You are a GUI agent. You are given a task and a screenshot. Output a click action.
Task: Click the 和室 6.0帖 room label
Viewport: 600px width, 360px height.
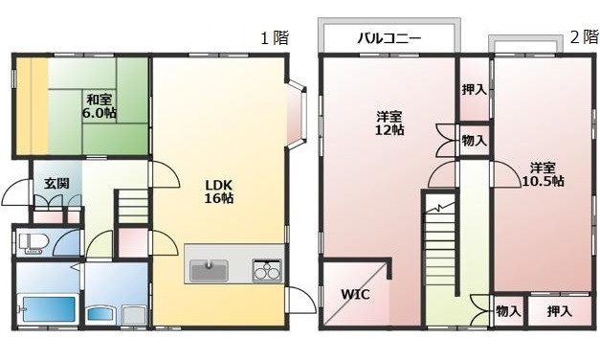[x=98, y=106]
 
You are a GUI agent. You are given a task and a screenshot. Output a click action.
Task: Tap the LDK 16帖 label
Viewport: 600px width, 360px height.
[x=219, y=191]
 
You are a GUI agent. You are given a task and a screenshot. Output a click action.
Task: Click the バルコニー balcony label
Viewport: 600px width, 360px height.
[x=389, y=40]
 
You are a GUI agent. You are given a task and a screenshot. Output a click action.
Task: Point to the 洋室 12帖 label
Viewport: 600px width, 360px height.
[x=388, y=124]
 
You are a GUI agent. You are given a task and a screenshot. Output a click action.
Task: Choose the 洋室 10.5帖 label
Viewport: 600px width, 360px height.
[x=542, y=173]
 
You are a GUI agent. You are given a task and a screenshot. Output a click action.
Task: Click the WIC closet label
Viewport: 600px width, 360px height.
[x=355, y=295]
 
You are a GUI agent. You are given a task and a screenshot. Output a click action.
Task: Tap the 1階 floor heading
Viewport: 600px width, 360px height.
[x=274, y=38]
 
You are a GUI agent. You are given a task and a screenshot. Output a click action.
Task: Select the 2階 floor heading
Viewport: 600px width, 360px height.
[x=583, y=38]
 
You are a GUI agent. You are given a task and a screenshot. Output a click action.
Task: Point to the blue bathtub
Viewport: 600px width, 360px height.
[x=48, y=310]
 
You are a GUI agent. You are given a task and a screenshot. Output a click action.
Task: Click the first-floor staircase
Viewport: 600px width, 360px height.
[x=132, y=208]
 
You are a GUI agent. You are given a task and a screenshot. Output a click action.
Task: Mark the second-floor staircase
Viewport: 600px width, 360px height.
[x=443, y=245]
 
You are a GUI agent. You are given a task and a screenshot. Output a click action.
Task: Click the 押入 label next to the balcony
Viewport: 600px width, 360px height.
[x=473, y=90]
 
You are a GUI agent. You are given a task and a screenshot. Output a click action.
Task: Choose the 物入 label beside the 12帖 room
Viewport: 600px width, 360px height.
[x=474, y=141]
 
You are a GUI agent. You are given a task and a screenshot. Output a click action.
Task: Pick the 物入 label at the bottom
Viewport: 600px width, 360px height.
[x=508, y=311]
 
